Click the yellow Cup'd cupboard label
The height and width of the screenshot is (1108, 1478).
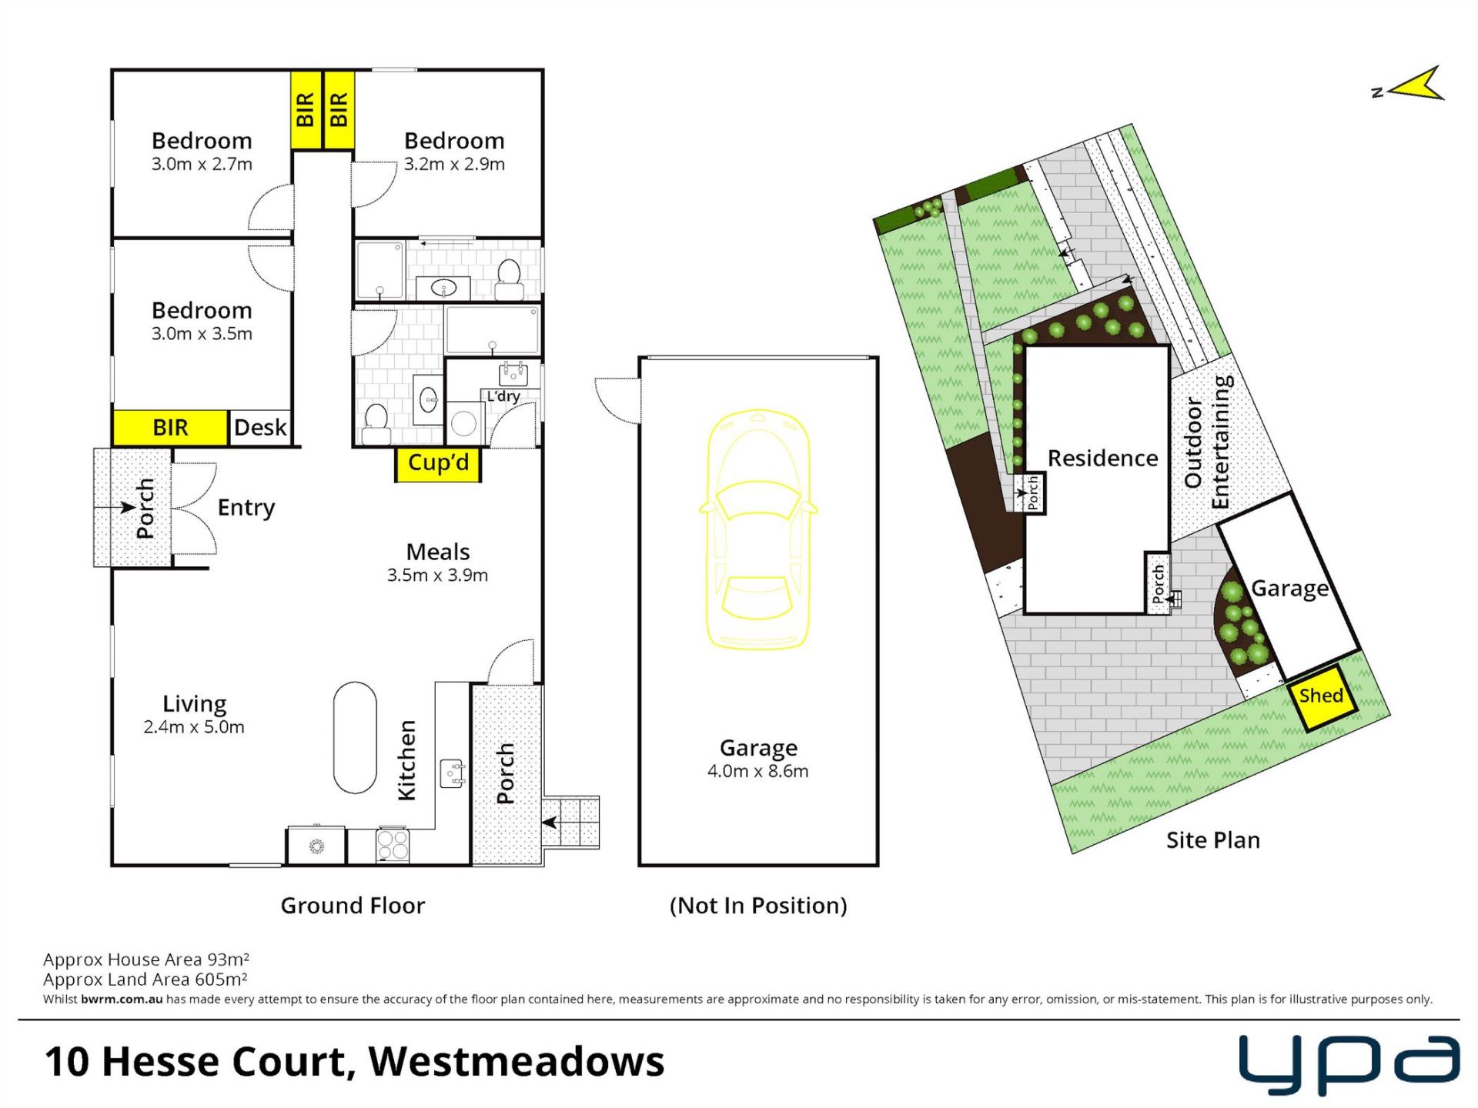[438, 463]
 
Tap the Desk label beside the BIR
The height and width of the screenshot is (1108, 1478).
[260, 427]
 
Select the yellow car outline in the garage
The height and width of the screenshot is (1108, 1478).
[758, 529]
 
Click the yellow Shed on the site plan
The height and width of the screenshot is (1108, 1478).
[1322, 697]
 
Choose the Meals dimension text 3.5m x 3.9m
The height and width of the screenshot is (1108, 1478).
[437, 575]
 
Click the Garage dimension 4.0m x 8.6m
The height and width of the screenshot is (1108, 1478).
[758, 771]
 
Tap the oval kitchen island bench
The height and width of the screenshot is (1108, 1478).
[355, 737]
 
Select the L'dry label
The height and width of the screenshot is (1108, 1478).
[503, 396]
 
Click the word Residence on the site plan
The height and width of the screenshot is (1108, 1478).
[1102, 459]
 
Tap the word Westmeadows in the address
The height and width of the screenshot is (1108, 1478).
[516, 1062]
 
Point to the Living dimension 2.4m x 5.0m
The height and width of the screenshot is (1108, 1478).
[194, 727]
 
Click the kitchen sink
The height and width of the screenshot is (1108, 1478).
[453, 773]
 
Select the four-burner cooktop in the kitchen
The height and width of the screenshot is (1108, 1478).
[393, 845]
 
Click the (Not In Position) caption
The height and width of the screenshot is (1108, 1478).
[758, 906]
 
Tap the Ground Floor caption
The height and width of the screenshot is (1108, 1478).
[353, 906]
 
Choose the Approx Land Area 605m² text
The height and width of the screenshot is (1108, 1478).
[145, 980]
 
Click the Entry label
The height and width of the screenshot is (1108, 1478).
[246, 508]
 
